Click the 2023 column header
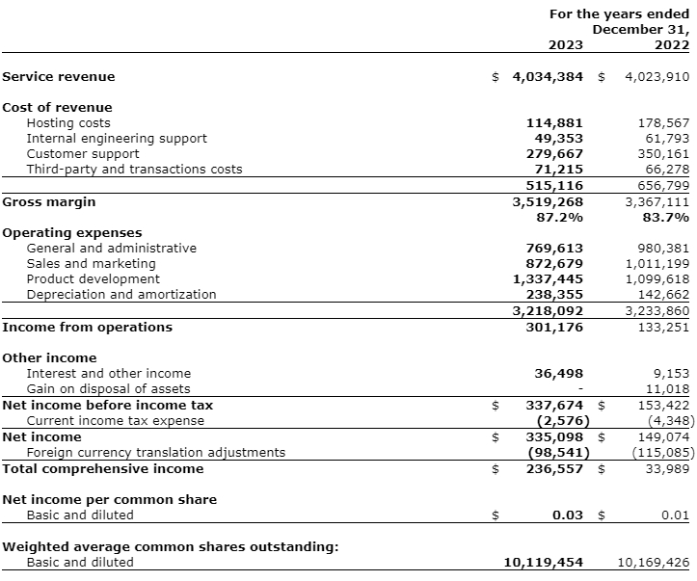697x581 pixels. coord(566,44)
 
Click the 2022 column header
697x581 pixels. coord(672,44)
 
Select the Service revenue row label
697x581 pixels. coord(59,76)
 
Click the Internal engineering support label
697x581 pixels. coord(116,138)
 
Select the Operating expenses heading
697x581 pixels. coord(72,232)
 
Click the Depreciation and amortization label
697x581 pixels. coord(121,294)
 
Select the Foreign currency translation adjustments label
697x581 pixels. coord(155,452)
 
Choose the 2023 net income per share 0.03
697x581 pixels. coord(569,515)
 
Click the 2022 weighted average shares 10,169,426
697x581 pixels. coord(653,562)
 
